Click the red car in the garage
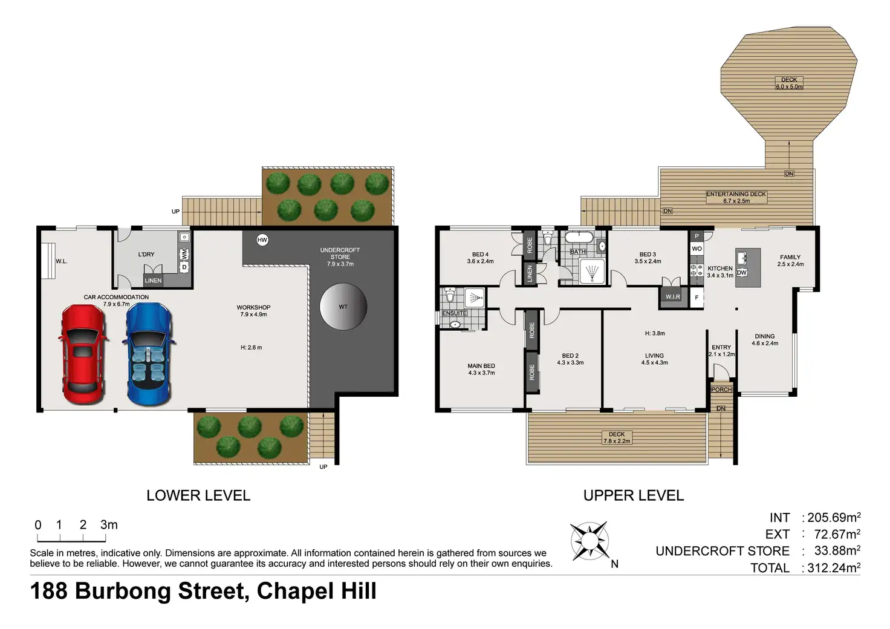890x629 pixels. tap(83, 354)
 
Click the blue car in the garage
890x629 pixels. tap(149, 354)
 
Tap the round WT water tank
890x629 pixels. tap(343, 307)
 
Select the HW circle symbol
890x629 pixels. tap(262, 240)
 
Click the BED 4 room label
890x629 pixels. tap(480, 254)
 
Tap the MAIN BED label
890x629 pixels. tap(481, 365)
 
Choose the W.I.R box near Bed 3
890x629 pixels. tap(673, 297)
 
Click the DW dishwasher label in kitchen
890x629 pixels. tap(742, 273)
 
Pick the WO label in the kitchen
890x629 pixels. tap(697, 249)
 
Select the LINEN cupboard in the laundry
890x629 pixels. tap(153, 281)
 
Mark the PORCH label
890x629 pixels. tap(721, 389)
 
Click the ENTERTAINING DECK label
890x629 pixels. tap(736, 194)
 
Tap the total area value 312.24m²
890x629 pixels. tap(834, 567)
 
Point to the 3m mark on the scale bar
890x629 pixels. tap(109, 525)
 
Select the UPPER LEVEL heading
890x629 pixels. tap(633, 495)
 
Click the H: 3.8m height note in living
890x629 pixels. tap(655, 333)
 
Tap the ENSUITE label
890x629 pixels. tap(454, 313)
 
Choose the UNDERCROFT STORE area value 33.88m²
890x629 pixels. tap(837, 550)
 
